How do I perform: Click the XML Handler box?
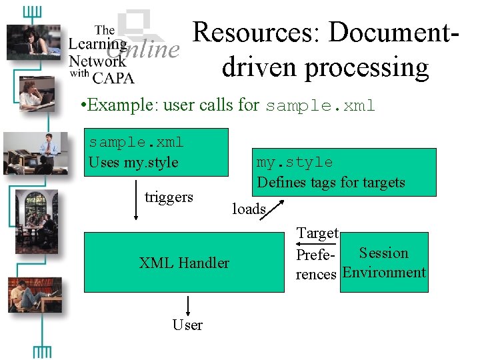click(x=183, y=263)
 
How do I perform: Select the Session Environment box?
click(x=383, y=263)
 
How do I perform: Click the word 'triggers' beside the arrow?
click(x=169, y=197)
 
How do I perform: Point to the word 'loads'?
click(x=249, y=209)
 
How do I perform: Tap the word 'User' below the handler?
click(x=187, y=325)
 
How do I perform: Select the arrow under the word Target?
click(x=317, y=245)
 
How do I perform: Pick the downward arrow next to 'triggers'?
click(x=136, y=200)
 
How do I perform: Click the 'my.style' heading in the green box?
click(x=295, y=162)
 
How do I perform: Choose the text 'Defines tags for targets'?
click(x=331, y=182)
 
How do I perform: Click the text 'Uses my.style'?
click(x=133, y=162)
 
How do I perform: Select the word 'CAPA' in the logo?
click(x=113, y=77)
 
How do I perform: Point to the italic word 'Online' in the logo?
click(x=143, y=49)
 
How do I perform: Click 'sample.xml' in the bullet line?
click(x=320, y=105)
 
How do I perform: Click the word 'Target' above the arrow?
click(x=317, y=233)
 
